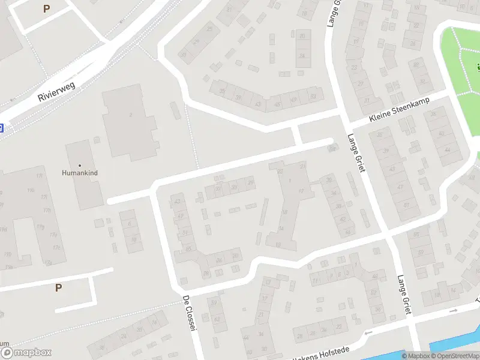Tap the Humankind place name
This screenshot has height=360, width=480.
click(79, 173)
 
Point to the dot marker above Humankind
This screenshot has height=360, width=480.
click(79, 165)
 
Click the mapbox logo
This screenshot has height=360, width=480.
click(26, 353)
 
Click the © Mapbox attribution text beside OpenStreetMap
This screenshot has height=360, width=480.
click(415, 356)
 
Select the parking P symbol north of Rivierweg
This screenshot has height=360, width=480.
click(47, 9)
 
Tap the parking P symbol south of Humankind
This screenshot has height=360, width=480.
click(58, 287)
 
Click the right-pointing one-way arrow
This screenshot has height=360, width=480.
click(454, 311)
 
